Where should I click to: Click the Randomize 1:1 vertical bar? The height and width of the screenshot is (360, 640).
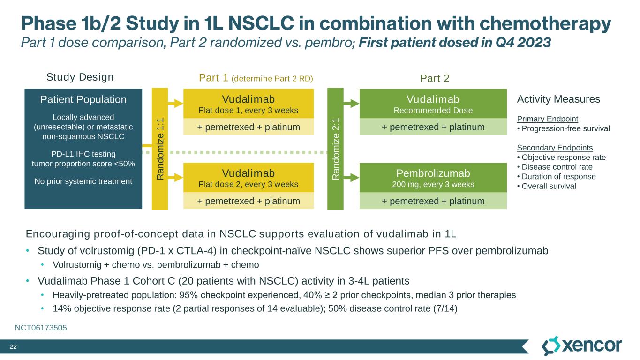click(159, 149)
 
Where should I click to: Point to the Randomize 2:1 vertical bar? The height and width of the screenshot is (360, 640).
click(335, 149)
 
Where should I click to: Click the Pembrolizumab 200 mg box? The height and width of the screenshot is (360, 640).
click(433, 178)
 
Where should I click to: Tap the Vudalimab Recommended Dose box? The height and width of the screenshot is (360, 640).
click(433, 104)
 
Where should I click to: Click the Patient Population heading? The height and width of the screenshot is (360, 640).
click(83, 99)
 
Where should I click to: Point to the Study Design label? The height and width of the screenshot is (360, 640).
click(80, 77)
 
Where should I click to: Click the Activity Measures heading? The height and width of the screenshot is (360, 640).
click(558, 99)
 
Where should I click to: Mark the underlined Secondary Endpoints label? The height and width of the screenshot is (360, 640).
click(548, 148)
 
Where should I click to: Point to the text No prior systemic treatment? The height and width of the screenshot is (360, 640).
click(83, 180)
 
